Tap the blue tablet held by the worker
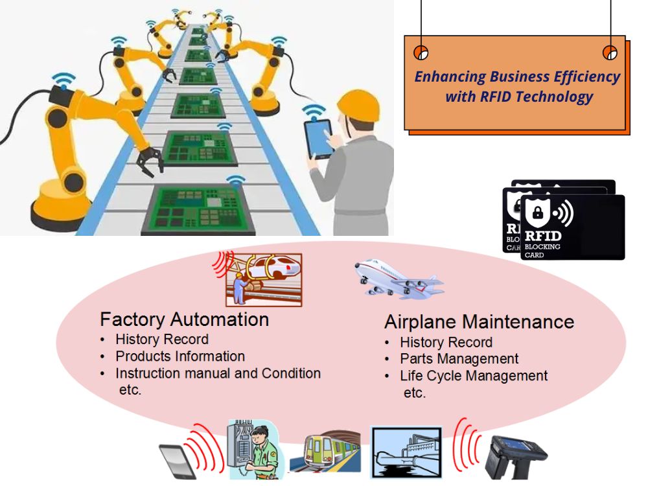tap(319, 138)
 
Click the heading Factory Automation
tap(184, 319)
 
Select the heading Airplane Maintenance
tap(479, 322)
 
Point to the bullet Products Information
tap(179, 356)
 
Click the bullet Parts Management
tap(459, 359)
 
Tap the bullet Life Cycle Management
tap(473, 376)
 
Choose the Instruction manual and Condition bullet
tap(218, 374)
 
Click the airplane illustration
tap(397, 279)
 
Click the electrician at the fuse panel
tap(253, 450)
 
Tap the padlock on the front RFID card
tap(537, 212)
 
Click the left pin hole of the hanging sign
tap(421, 52)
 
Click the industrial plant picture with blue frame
tap(406, 452)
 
